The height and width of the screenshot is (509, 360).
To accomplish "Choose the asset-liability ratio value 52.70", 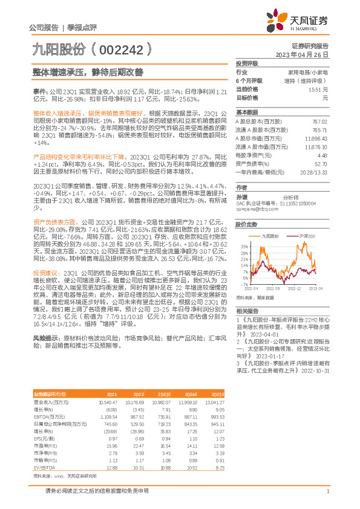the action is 321,164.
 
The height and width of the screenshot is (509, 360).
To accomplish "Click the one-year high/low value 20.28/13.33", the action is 315,172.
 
